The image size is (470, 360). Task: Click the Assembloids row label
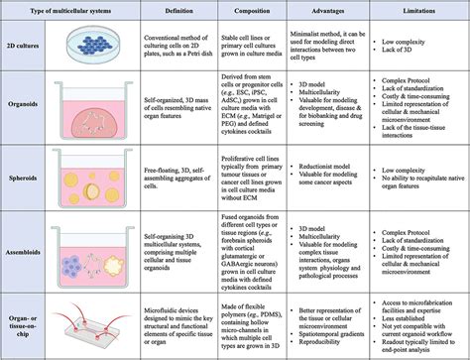click(26, 252)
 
